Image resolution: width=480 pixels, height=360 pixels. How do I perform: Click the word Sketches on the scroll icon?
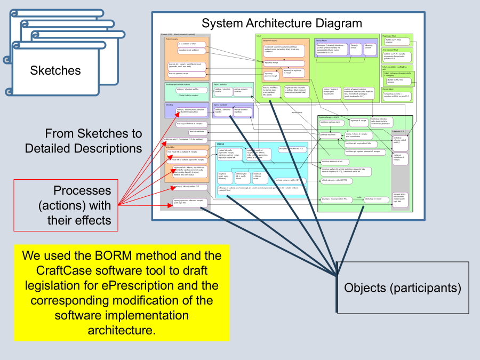(x=55, y=70)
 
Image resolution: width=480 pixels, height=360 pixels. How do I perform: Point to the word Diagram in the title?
(x=339, y=23)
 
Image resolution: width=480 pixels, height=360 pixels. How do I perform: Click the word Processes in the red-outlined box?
(x=82, y=190)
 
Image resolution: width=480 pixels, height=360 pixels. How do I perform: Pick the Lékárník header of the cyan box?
(x=221, y=144)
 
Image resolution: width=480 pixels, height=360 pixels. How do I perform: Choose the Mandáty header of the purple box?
(x=171, y=106)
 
